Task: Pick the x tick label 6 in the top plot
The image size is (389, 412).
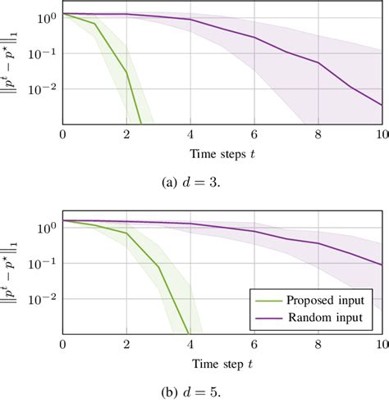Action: [x=254, y=134]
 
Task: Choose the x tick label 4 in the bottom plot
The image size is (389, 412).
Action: [x=190, y=341]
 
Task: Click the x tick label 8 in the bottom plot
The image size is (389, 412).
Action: [x=318, y=341]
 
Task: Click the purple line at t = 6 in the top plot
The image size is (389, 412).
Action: [x=254, y=38]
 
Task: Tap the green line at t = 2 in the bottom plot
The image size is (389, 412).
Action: [x=127, y=233]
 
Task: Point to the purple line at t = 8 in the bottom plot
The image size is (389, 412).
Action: [x=318, y=243]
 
